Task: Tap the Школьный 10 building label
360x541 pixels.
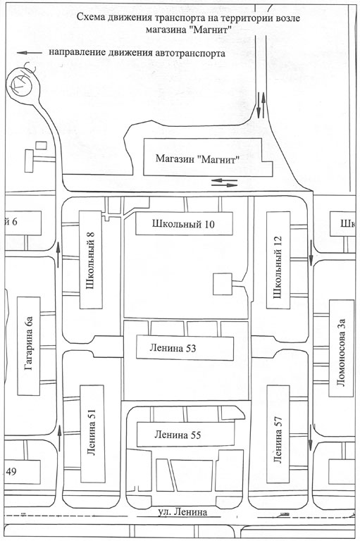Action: tap(183, 224)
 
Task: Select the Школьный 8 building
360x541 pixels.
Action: tap(91, 260)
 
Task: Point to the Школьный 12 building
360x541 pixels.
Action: tap(278, 260)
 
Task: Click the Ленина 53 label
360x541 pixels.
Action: tap(173, 348)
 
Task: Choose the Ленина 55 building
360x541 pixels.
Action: tap(186, 435)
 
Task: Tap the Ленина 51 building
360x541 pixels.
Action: tap(92, 434)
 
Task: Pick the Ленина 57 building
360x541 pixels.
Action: tap(278, 435)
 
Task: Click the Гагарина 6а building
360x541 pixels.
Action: tap(29, 346)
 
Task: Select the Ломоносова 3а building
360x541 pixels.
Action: tap(342, 348)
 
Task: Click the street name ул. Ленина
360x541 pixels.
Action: tap(182, 511)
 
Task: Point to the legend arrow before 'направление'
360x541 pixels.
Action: tap(30, 53)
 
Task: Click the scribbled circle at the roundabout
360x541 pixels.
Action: tap(21, 85)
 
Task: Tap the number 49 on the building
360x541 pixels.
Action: tap(11, 471)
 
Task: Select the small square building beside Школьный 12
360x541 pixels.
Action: tap(223, 284)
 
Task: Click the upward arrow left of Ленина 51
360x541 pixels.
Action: tap(59, 438)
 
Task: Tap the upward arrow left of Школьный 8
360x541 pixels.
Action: tap(58, 254)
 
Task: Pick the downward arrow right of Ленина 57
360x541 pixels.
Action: tap(310, 437)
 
